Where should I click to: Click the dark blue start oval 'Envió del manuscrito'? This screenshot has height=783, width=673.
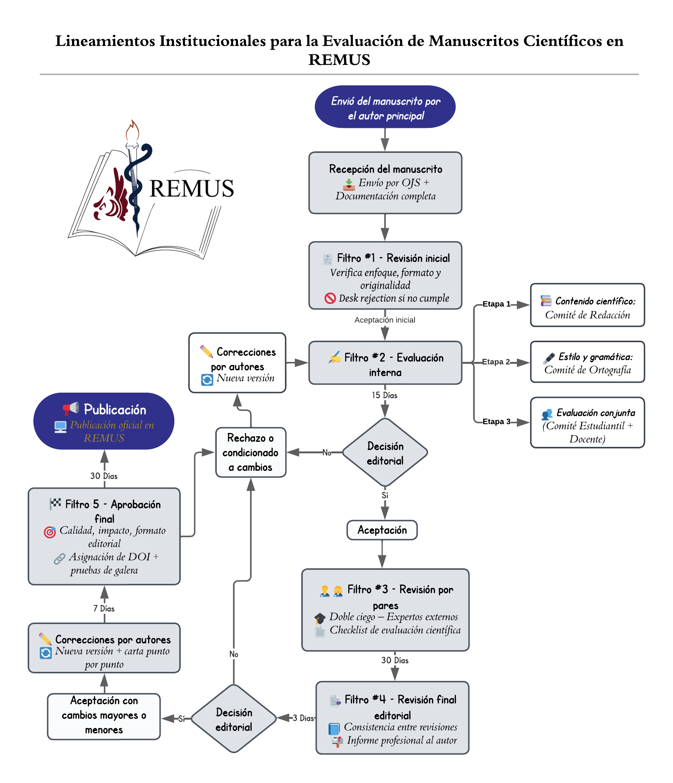tap(385, 107)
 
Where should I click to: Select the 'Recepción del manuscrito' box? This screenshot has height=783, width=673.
tap(385, 183)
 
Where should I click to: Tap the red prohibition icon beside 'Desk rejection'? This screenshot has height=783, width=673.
tap(330, 298)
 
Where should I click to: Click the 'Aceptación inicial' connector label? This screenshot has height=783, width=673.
tap(385, 320)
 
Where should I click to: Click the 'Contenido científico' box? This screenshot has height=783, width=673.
tap(587, 305)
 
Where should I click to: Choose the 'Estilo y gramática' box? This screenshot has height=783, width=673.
tap(587, 362)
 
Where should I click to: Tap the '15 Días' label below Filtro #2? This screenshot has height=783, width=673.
tap(385, 395)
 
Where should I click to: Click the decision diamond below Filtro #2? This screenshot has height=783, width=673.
tap(385, 452)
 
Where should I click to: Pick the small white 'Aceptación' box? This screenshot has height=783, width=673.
tap(382, 530)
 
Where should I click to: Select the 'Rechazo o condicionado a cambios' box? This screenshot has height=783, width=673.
tap(250, 452)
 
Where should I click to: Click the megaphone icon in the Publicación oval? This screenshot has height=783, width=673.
tap(71, 409)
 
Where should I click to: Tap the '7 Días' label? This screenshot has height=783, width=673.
tap(104, 608)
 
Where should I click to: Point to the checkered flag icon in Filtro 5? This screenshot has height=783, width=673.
tap(55, 504)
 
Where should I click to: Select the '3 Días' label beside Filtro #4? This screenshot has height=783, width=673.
tap(304, 718)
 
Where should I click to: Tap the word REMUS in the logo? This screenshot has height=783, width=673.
tap(192, 189)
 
